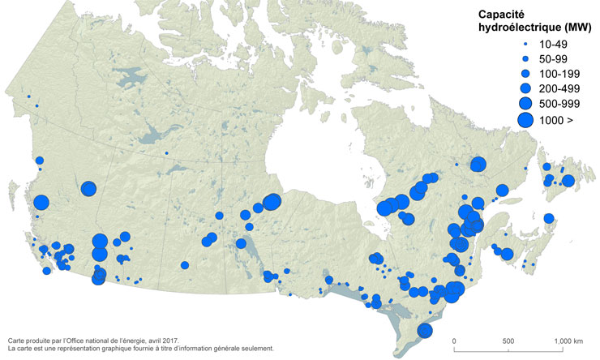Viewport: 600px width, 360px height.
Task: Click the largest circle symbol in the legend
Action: click(x=525, y=120)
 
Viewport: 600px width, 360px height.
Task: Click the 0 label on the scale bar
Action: click(x=454, y=341)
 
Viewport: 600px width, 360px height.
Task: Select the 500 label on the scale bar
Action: click(x=508, y=341)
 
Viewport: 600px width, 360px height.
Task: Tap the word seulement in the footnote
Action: click(x=255, y=349)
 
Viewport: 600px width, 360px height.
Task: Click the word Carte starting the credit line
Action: click(x=15, y=341)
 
